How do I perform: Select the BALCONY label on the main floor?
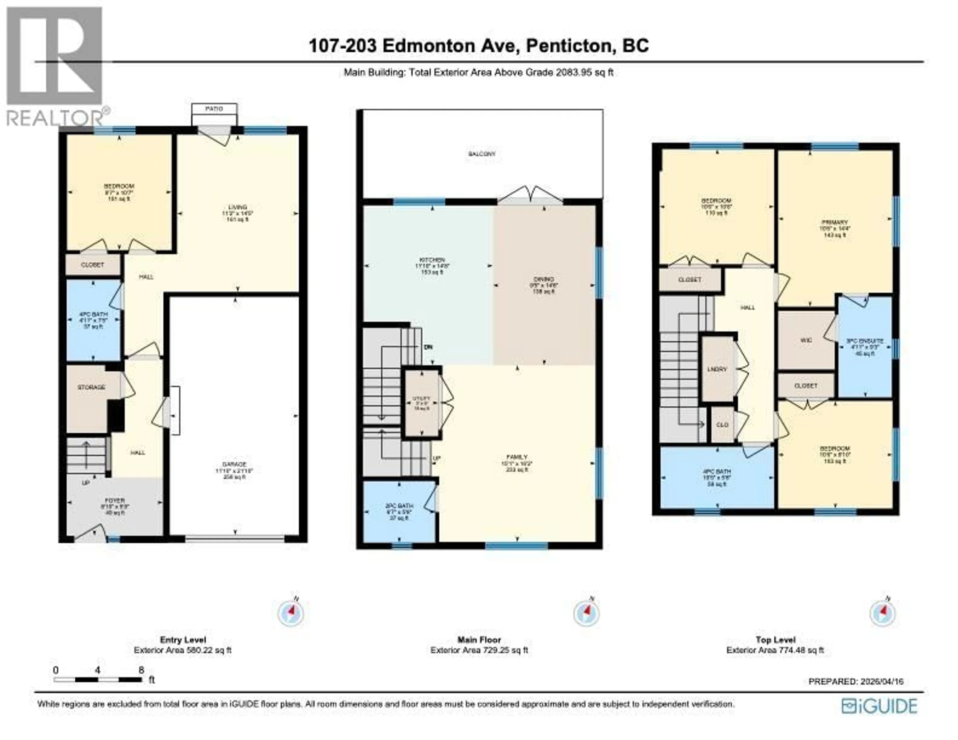tap(482, 154)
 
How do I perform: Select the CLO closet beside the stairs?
tap(722, 424)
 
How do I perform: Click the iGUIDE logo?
tap(879, 707)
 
